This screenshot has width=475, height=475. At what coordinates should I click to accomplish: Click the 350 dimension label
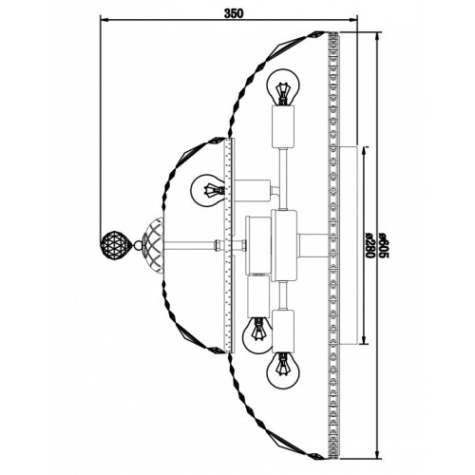pos(234,13)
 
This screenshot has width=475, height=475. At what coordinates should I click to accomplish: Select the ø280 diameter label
pos(370,246)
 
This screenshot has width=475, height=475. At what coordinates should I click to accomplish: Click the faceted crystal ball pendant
pos(115,244)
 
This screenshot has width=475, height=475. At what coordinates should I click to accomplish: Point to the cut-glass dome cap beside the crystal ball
pos(153,245)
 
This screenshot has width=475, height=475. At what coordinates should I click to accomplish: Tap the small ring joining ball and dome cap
pos(138,245)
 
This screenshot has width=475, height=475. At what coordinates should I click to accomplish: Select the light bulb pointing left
pos(208,190)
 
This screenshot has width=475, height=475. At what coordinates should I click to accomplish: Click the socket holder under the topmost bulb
pos(284,126)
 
